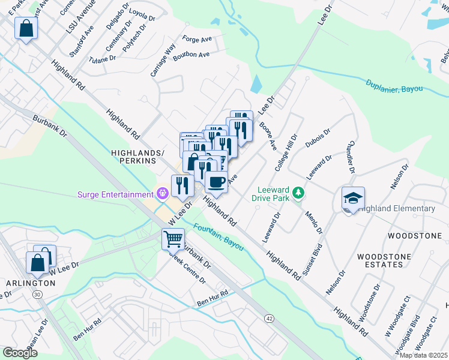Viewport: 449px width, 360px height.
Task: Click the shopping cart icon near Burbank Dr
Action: pyautogui.click(x=173, y=239)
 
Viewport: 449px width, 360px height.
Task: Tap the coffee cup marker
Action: pyautogui.click(x=216, y=181)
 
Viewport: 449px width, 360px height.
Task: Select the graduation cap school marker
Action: pyautogui.click(x=353, y=198)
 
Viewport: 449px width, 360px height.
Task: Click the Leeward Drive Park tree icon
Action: pyautogui.click(x=298, y=194)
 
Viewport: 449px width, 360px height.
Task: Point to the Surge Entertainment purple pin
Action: pyautogui.click(x=161, y=194)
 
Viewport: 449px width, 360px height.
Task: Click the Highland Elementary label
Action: pyautogui.click(x=399, y=208)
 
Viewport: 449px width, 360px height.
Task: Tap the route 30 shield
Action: pyautogui.click(x=37, y=294)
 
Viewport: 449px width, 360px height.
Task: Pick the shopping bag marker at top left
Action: pyautogui.click(x=26, y=29)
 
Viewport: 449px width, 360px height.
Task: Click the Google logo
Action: pyautogui.click(x=20, y=352)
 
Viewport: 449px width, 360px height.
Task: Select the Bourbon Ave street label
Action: pyautogui.click(x=191, y=55)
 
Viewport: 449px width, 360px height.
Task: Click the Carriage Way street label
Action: pyautogui.click(x=163, y=59)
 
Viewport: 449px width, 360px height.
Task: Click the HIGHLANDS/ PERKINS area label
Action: pyautogui.click(x=138, y=157)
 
